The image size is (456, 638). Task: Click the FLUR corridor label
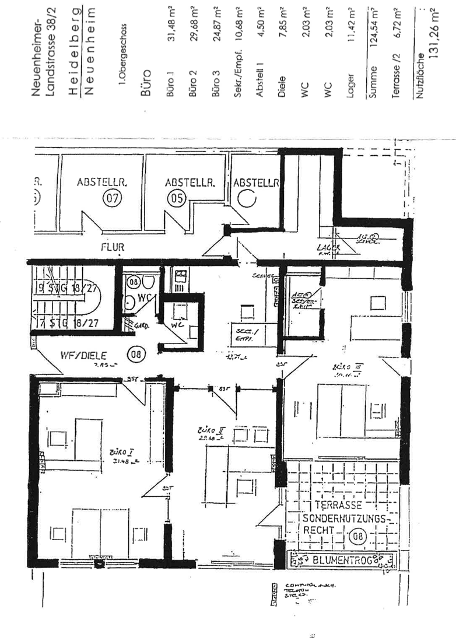(113, 247)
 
